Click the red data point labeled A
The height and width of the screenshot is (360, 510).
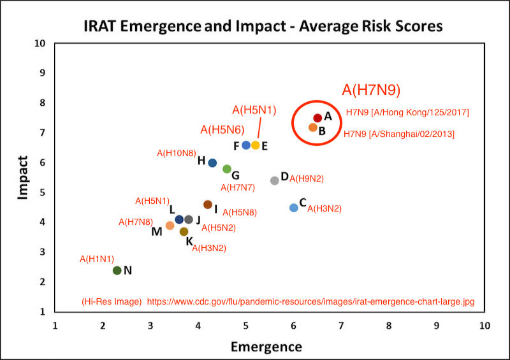(x=317, y=118)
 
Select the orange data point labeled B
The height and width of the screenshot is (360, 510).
(x=313, y=127)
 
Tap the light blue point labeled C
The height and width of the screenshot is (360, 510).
(x=294, y=208)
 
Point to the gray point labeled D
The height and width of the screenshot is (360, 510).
(x=275, y=180)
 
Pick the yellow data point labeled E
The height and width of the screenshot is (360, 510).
(x=256, y=145)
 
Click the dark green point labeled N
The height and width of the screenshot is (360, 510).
(x=117, y=270)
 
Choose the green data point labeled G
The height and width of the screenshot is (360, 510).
(x=227, y=169)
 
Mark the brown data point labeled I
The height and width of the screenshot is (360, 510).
(x=208, y=205)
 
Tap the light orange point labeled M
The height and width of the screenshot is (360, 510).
(x=170, y=226)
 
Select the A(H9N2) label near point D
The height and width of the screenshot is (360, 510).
(x=307, y=179)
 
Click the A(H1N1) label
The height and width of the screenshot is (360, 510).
(x=96, y=259)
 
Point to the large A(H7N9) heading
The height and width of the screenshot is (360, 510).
(x=371, y=90)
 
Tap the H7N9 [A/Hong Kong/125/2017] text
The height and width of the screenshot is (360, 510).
(x=407, y=113)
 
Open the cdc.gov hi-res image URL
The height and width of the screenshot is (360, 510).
(x=311, y=301)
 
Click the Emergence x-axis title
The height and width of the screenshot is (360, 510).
(x=266, y=347)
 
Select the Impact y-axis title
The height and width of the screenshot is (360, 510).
(x=24, y=178)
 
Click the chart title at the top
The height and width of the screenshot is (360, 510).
(x=263, y=27)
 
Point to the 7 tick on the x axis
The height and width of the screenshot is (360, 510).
(x=341, y=325)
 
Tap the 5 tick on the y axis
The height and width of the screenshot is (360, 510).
(x=43, y=192)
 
